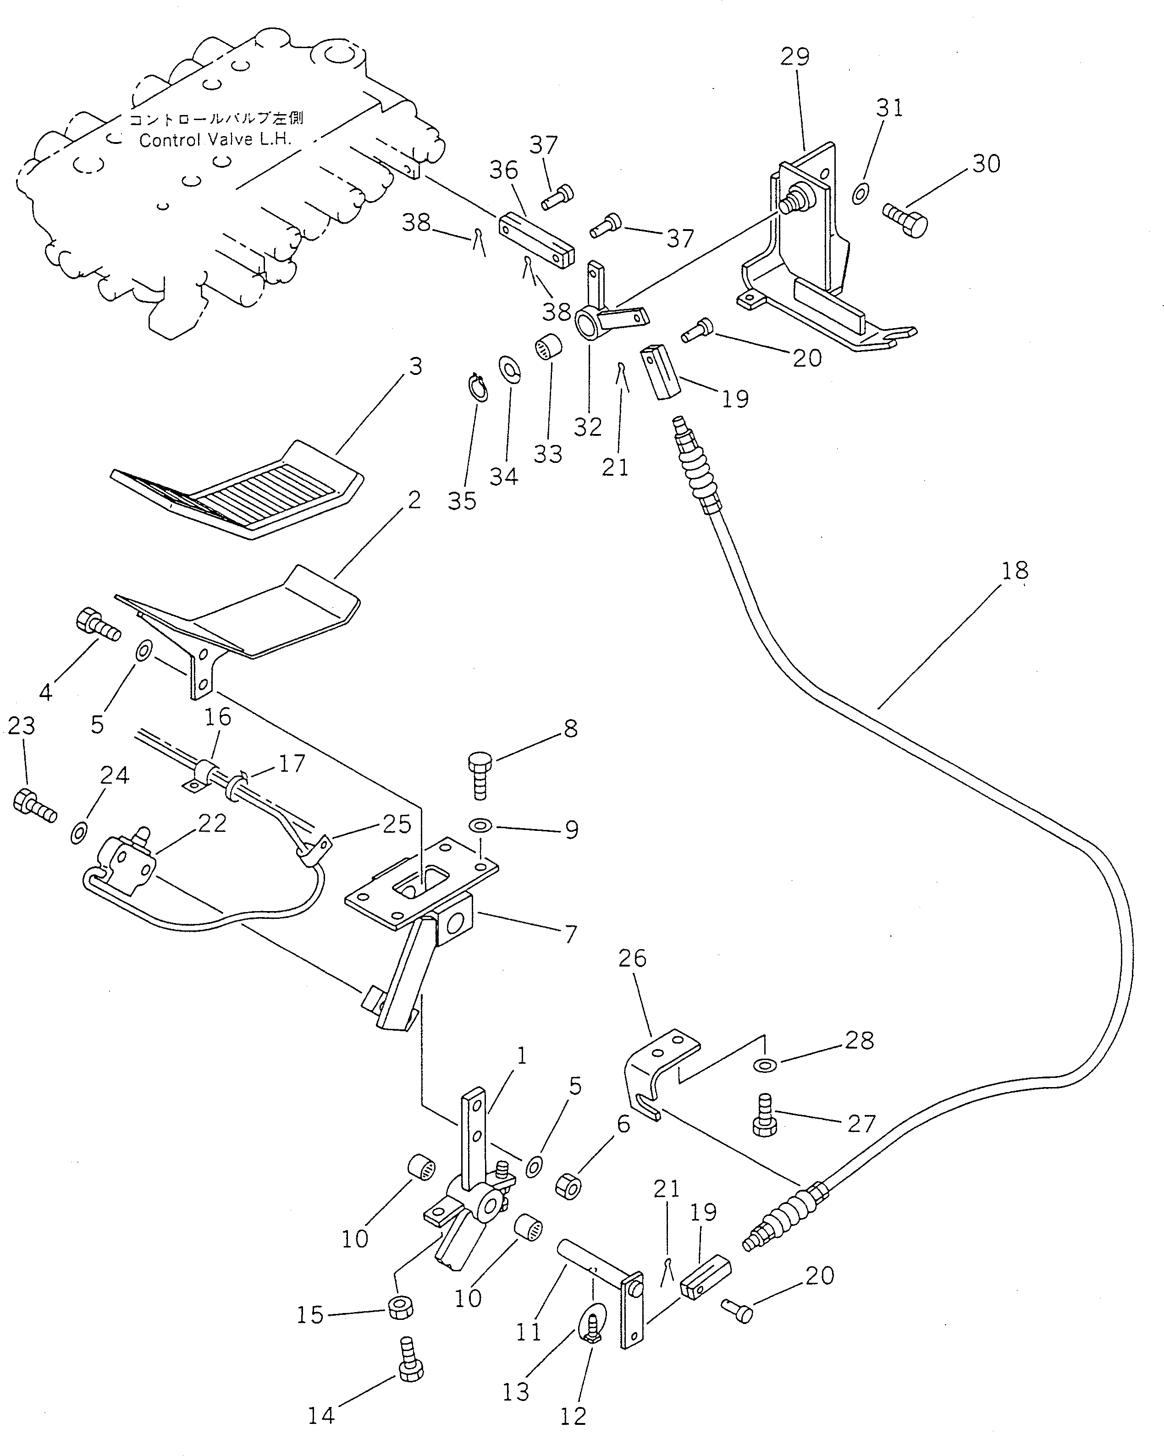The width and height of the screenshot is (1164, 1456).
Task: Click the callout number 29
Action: pyautogui.click(x=794, y=57)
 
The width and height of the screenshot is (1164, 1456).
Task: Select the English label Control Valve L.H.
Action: pyautogui.click(x=215, y=141)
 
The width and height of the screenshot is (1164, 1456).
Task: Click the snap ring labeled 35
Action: pyautogui.click(x=478, y=388)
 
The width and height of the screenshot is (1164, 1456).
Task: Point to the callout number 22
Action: pyautogui.click(x=211, y=823)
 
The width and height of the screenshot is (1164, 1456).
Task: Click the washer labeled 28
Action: pyautogui.click(x=765, y=1065)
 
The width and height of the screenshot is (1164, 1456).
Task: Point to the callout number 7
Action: pyautogui.click(x=570, y=934)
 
